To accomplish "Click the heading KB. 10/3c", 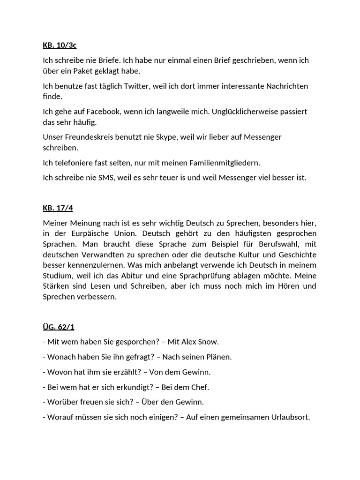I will pos(60,45).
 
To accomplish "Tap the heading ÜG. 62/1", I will pos(59,326).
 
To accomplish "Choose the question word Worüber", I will pos(63,402).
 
